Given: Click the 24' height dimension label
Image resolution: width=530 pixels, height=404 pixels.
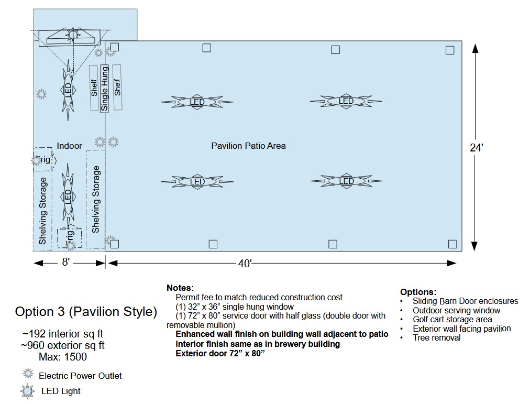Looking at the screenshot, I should click(476, 148).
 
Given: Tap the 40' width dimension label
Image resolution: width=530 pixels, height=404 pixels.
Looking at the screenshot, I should click(245, 264).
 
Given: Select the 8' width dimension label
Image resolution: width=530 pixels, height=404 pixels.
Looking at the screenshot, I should click(65, 262).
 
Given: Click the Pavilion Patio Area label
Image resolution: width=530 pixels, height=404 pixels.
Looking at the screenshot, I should click(248, 146).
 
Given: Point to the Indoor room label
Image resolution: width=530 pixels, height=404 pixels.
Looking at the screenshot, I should click(69, 146).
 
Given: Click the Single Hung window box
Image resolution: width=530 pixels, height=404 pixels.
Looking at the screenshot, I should click(104, 88).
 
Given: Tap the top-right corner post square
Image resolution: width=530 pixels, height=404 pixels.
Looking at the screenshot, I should click(450, 50).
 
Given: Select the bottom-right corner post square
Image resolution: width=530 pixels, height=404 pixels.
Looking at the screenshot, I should click(452, 244).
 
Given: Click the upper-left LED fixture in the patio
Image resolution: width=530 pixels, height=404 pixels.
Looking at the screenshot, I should click(197, 102).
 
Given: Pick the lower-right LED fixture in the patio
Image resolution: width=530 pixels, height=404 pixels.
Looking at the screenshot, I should click(346, 181).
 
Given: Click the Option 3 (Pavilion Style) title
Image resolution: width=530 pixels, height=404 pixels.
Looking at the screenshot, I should click(86, 312).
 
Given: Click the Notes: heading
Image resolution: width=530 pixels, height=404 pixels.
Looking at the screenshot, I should click(180, 288).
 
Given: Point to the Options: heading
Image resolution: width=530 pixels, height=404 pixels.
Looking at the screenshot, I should click(417, 292).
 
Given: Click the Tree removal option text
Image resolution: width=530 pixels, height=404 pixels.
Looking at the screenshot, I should click(436, 338).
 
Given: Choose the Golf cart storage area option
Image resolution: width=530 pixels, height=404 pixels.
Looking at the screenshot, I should click(452, 320).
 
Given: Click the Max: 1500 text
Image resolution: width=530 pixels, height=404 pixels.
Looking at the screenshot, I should click(63, 357).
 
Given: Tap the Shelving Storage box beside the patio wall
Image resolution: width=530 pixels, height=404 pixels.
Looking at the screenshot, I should click(96, 199).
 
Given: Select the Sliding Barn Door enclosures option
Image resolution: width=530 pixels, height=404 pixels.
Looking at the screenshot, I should click(465, 301).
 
